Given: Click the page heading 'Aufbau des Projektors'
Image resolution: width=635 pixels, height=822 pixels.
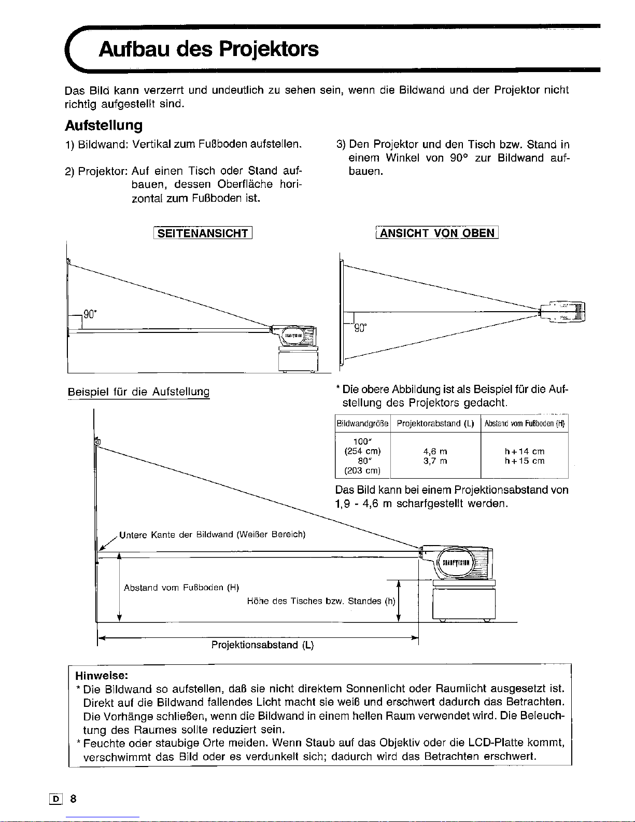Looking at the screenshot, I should tap(208, 49).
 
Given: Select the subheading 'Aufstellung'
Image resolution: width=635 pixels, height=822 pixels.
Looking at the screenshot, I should tap(104, 126).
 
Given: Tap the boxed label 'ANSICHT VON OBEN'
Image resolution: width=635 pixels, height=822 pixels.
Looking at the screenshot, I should tap(437, 233).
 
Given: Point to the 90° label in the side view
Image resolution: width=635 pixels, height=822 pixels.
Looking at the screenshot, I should tap(90, 314).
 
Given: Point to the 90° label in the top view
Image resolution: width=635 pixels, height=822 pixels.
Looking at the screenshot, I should tap(360, 328).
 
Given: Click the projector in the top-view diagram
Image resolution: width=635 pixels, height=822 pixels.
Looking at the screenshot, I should tap(562, 312).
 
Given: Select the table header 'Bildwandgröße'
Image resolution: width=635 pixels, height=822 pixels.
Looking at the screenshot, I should tap(362, 424).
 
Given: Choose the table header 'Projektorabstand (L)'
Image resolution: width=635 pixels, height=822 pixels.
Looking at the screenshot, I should tap(435, 424).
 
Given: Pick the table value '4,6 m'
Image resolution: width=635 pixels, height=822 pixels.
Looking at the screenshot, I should tap(435, 452).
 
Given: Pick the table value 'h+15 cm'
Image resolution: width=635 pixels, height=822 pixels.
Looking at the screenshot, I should tap(525, 461).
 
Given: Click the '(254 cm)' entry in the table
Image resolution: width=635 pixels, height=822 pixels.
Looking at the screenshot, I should tap(362, 452).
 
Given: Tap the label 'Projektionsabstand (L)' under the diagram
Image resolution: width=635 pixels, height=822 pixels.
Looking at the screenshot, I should tap(263, 645).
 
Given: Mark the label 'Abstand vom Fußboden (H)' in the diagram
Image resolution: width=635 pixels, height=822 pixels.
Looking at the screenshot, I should tap(181, 588).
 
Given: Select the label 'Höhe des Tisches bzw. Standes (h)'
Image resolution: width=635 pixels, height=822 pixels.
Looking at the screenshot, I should tap(321, 602).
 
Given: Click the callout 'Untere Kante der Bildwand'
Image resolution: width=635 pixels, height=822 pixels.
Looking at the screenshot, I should tap(212, 535).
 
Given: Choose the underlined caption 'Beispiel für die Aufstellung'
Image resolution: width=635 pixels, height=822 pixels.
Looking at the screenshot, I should tap(138, 392).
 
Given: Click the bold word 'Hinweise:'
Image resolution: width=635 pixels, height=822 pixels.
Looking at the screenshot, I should tap(102, 676).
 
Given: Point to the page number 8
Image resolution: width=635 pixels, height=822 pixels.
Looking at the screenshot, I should tap(73, 799).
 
